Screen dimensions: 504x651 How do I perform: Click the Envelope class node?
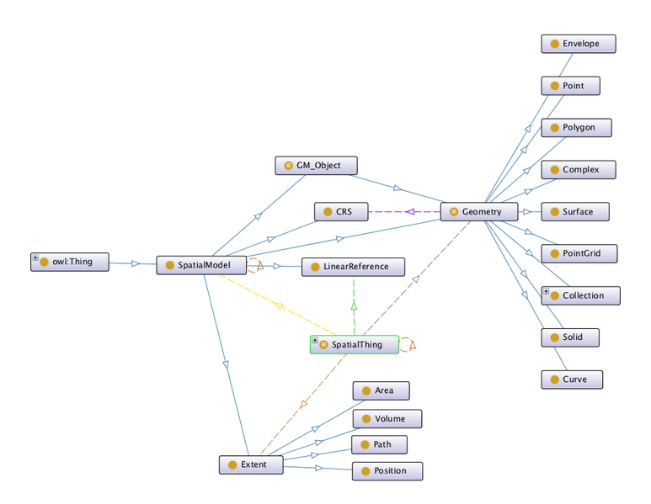578,44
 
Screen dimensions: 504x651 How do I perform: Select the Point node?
572,86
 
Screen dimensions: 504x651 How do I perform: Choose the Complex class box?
578,170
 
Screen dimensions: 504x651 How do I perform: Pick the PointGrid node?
578,253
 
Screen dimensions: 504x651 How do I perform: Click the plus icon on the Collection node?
546,292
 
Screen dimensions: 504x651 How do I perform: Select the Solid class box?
571,337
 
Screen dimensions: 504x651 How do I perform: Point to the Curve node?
572,379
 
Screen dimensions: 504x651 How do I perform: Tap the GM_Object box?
317,166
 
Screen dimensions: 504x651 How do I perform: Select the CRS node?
340,212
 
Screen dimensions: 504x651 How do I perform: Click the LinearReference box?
353,267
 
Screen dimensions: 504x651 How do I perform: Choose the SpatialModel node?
200,266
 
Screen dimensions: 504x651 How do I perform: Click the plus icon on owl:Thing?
35,258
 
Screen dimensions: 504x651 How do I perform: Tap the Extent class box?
250,464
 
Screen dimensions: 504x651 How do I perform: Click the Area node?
381,390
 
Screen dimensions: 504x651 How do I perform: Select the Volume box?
387,419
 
